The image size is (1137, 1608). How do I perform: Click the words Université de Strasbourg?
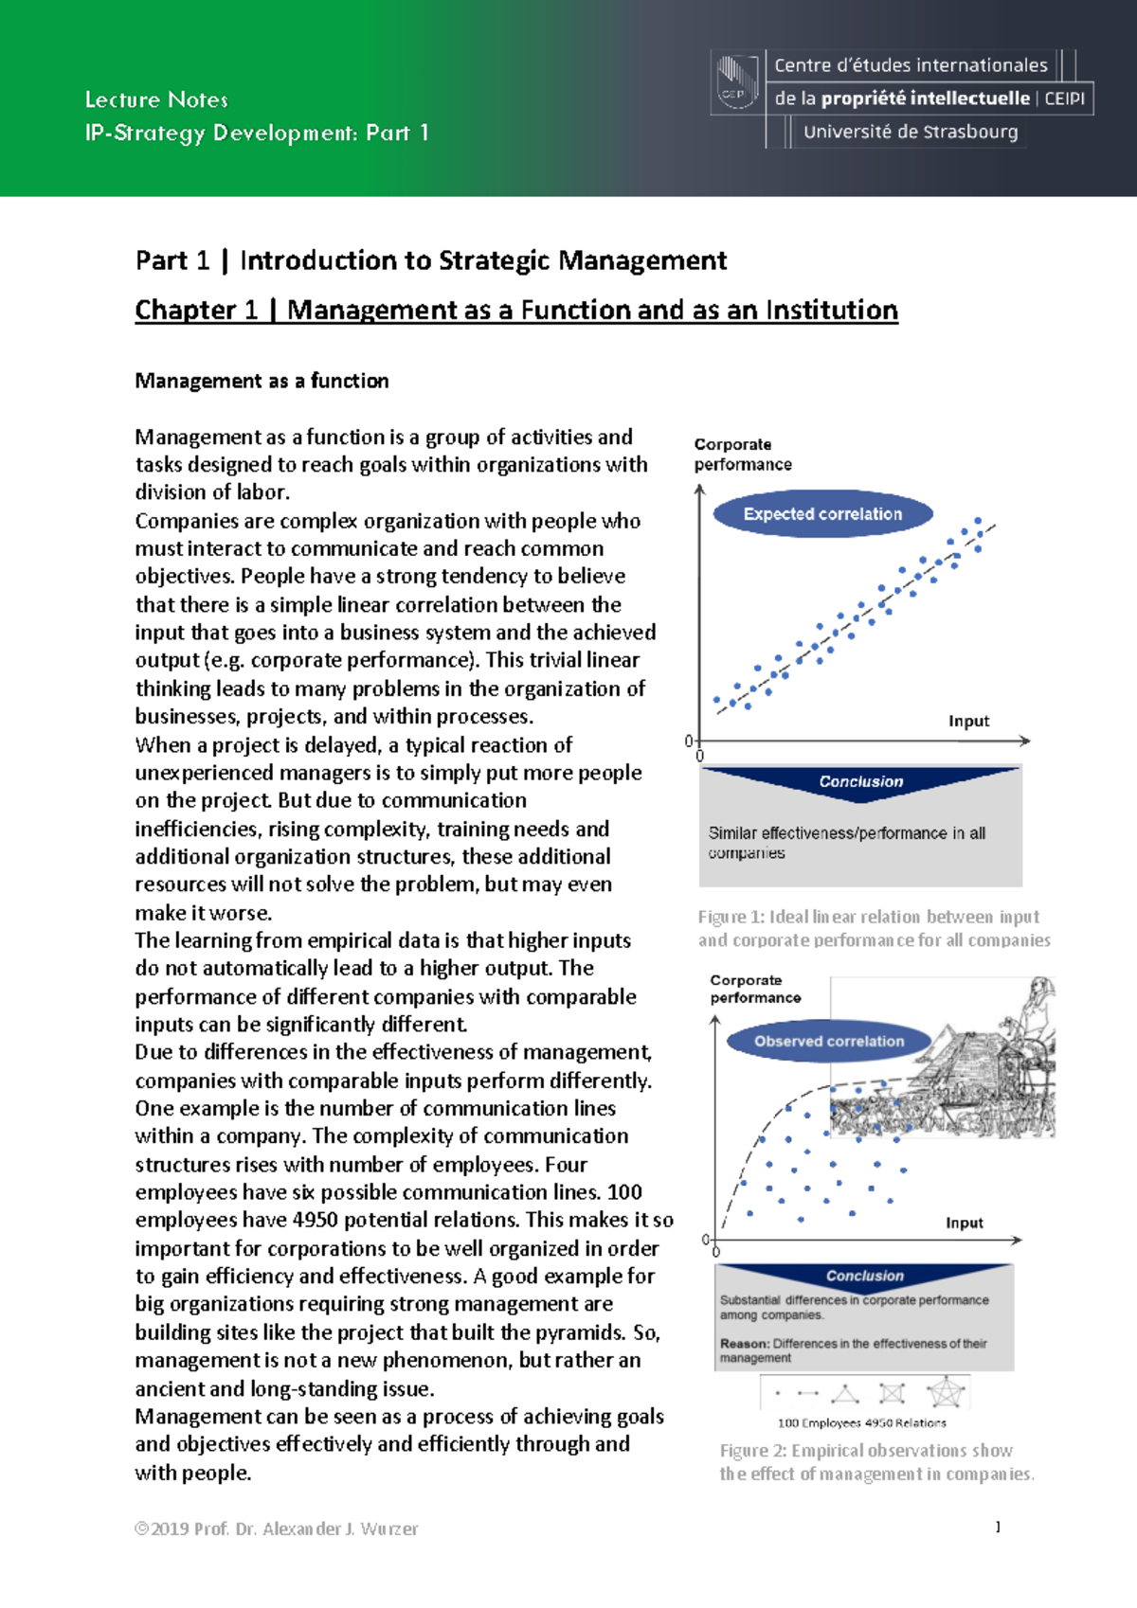coord(910,132)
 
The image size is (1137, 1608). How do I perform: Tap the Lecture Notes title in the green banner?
coord(156,99)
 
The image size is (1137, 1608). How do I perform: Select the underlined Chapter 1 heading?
coord(516,310)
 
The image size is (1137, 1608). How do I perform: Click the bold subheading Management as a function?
coord(262,381)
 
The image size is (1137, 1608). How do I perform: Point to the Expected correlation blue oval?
coord(822,514)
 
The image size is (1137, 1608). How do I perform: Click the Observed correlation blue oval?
coord(829,1041)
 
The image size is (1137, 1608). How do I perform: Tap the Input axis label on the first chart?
coord(968,721)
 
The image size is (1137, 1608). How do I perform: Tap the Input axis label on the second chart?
coord(964,1223)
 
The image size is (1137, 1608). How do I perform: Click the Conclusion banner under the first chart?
coord(860,781)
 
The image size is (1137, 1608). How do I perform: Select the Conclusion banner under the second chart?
coord(864,1276)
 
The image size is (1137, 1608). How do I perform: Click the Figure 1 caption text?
coord(874,928)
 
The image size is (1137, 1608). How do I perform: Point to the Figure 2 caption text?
coord(876,1462)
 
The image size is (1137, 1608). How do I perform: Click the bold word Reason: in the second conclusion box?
coord(744,1343)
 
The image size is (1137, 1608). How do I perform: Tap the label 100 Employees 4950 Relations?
coord(861,1422)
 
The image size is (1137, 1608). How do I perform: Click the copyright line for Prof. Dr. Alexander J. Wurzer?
coord(276,1528)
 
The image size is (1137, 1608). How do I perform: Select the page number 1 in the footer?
coord(998,1527)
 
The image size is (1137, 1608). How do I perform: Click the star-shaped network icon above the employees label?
coord(945,1393)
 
